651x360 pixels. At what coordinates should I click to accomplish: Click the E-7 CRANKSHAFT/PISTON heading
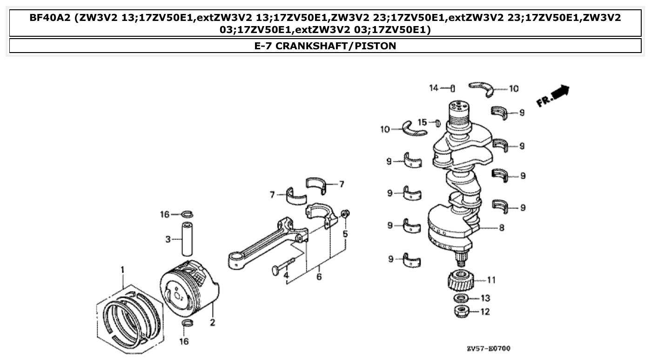pos(325,46)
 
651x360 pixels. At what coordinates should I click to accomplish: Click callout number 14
pos(434,88)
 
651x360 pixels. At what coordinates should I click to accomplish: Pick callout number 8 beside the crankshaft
pos(501,228)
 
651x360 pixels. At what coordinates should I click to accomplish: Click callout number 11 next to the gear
pos(491,280)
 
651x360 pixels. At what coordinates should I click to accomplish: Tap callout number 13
pos(485,298)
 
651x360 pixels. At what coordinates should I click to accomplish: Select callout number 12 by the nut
pos(485,312)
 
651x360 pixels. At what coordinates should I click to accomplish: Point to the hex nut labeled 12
pos(461,310)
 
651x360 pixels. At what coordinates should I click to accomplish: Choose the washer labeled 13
pos(461,298)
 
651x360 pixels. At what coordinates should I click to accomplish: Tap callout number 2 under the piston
pos(212,322)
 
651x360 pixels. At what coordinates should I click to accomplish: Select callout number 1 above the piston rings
pos(122,270)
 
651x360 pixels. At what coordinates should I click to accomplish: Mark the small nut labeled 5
pos(345,213)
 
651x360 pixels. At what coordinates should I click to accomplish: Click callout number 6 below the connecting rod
pos(319,277)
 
